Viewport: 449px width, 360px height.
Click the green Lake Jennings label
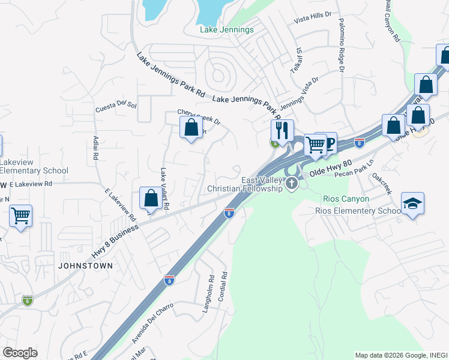[x=226, y=30]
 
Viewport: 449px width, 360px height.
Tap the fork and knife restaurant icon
[x=282, y=130]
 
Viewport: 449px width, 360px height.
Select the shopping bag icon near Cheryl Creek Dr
[x=191, y=128]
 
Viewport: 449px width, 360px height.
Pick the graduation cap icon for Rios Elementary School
[x=412, y=204]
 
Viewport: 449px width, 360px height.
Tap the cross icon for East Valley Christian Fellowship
[x=292, y=183]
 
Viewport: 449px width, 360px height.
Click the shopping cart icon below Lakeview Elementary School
[x=21, y=215]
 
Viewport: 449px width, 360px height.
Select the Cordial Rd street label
[x=223, y=287]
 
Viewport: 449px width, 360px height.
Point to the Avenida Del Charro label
[x=152, y=323]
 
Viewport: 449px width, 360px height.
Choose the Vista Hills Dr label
[x=313, y=20]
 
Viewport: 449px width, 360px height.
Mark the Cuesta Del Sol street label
[x=116, y=107]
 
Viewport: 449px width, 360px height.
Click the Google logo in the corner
[x=20, y=353]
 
